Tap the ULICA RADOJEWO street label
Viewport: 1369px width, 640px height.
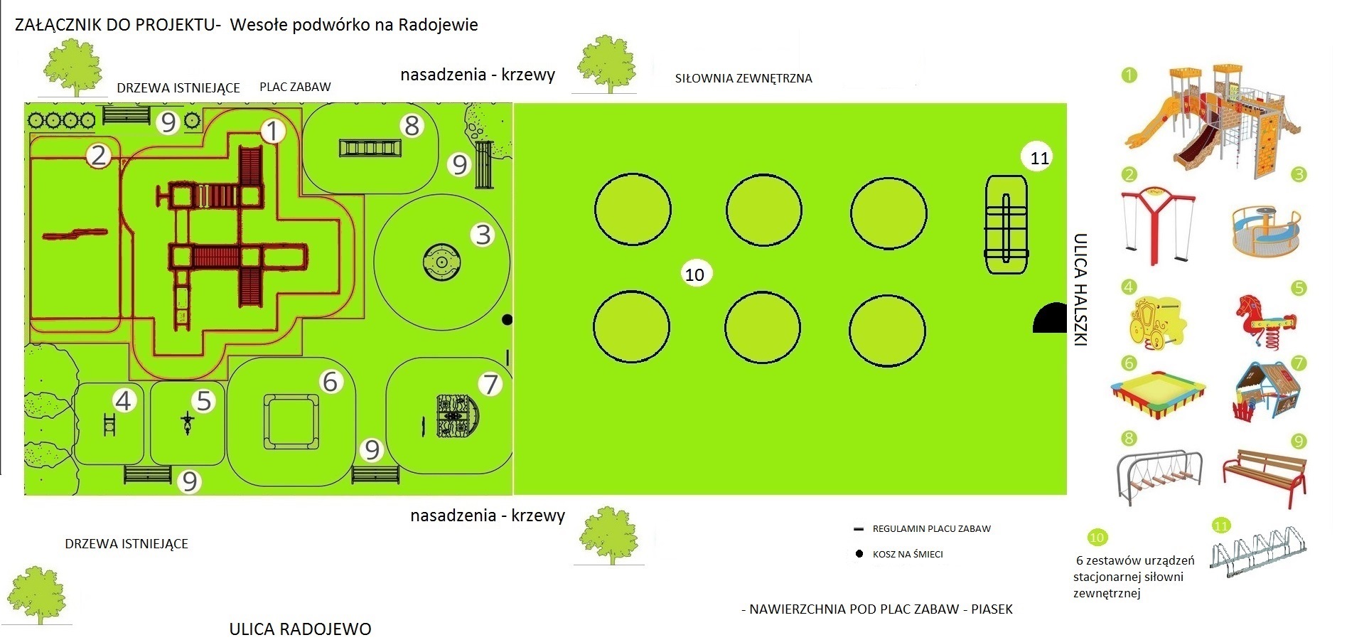300,629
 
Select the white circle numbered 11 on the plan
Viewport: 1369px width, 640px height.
1039,158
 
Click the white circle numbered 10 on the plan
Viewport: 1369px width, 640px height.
694,274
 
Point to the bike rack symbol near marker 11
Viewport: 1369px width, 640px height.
1006,225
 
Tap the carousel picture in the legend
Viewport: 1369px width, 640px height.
1265,230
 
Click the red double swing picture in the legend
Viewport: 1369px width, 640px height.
1158,220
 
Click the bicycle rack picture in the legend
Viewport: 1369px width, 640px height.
1259,555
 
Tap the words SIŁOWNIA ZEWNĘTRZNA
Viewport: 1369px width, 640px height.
743,78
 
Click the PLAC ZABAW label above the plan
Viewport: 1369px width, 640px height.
295,87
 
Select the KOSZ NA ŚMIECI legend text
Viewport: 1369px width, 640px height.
908,554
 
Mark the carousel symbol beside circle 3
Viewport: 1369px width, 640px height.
441,262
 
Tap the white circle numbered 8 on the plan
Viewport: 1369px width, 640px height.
412,126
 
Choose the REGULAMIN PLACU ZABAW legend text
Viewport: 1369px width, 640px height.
931,529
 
